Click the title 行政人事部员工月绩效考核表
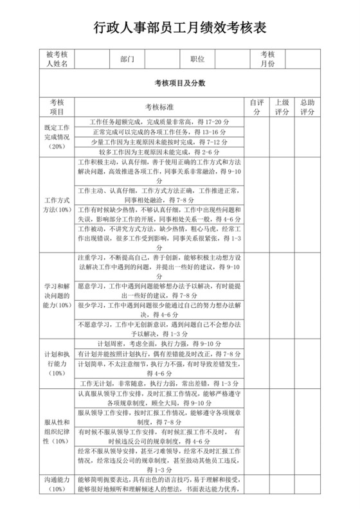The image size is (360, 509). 179,28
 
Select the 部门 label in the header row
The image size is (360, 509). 127,59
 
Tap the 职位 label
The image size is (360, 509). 197,59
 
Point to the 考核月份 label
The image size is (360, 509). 267,59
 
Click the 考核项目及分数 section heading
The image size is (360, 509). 179,83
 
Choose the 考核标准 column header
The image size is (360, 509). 161,107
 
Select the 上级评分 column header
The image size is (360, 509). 282,107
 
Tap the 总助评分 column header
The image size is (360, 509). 307,107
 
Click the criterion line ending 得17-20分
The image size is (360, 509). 161,121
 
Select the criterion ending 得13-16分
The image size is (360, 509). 161,132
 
